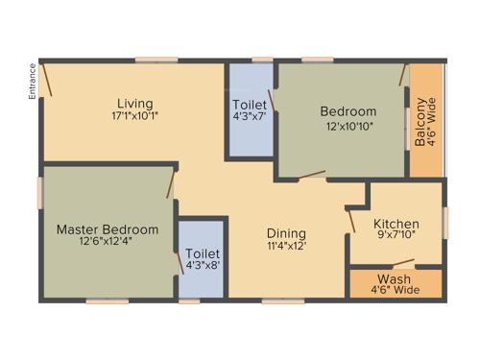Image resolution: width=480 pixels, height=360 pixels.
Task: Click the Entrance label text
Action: click(x=32, y=80)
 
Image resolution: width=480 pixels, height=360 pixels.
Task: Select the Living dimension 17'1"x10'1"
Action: click(x=135, y=116)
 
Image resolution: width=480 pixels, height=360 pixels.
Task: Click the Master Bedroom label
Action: click(x=107, y=229)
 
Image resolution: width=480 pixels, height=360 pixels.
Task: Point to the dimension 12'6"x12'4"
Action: click(x=107, y=242)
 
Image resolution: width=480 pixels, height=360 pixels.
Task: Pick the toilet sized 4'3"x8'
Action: click(x=203, y=259)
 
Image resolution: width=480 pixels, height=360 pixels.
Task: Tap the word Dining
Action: click(x=286, y=233)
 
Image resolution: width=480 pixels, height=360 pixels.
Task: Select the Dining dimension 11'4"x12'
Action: click(x=286, y=246)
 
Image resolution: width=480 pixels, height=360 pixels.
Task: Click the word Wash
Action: click(x=394, y=278)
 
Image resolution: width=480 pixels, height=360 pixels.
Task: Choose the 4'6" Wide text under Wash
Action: click(x=394, y=290)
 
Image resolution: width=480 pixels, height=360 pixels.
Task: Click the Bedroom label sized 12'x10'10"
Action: click(x=348, y=111)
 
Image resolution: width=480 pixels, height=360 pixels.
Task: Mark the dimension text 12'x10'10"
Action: click(x=348, y=125)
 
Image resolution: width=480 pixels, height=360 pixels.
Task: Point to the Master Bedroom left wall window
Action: click(x=41, y=191)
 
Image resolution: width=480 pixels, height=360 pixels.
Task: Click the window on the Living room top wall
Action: click(x=156, y=60)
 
